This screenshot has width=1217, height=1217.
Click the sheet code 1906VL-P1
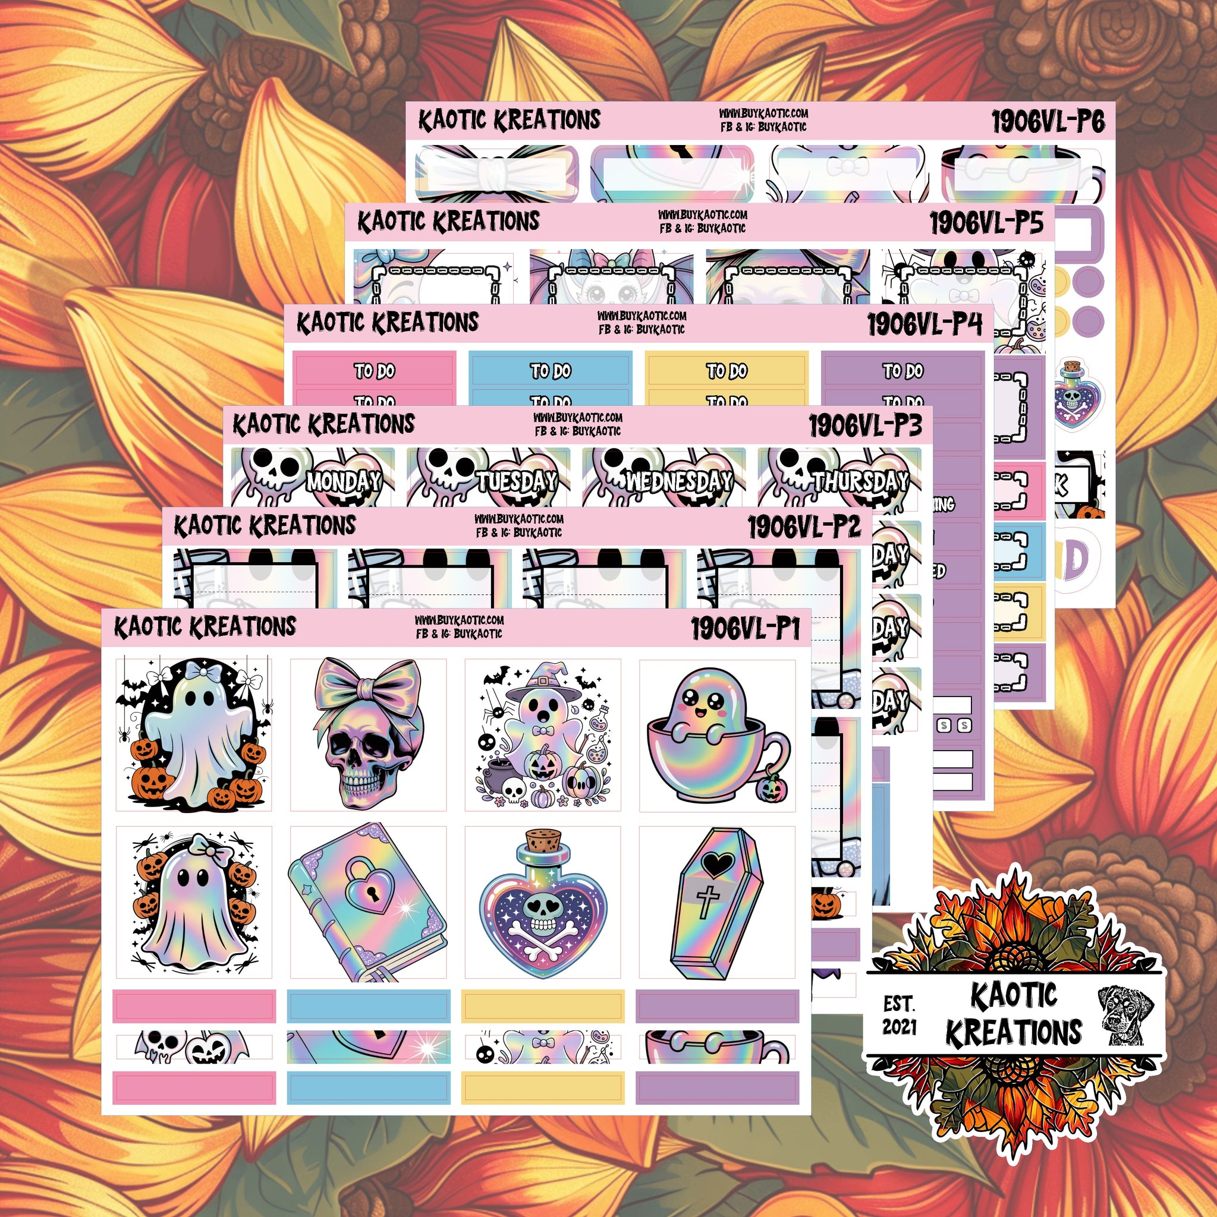(745, 629)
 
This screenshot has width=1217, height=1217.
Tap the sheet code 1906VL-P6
(1048, 122)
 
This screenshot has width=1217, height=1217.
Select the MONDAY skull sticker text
(344, 482)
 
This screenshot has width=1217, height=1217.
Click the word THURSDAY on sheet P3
(860, 482)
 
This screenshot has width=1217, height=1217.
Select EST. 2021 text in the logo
(899, 1015)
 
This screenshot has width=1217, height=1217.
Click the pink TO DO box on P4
(375, 371)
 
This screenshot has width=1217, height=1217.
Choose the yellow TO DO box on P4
(726, 371)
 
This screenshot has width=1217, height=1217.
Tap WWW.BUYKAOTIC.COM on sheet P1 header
(459, 620)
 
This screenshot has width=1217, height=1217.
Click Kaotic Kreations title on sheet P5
(448, 222)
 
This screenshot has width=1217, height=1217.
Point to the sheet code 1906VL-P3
(865, 427)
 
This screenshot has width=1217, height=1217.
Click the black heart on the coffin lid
(716, 864)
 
